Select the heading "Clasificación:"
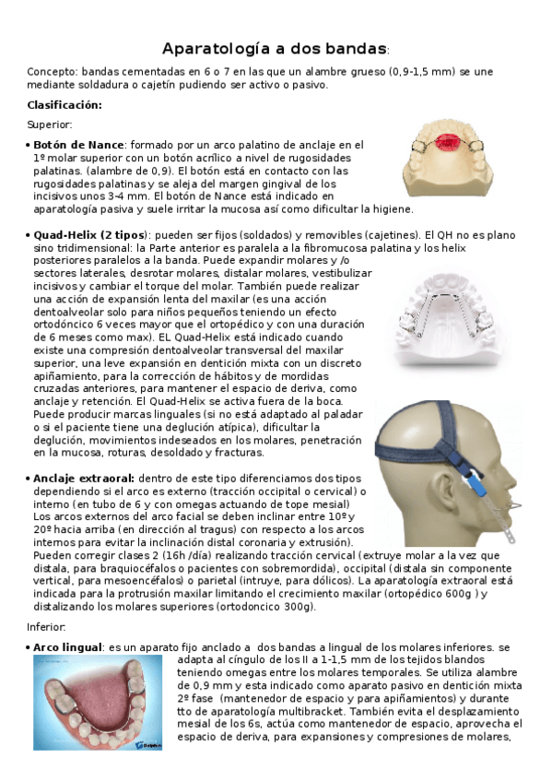[x=64, y=105]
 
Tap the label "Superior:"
[x=50, y=124]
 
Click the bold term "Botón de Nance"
[x=76, y=145]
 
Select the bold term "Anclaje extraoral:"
[x=83, y=479]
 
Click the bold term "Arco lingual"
[x=67, y=648]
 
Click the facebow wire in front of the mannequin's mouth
[x=511, y=505]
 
